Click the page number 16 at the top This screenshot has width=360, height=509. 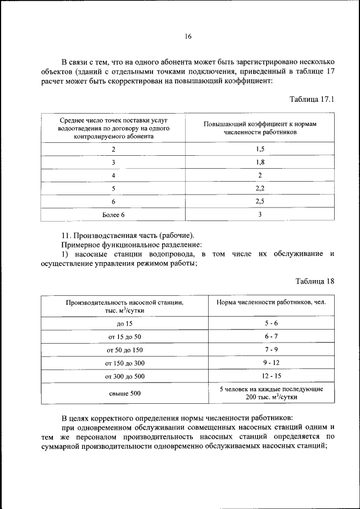(188, 37)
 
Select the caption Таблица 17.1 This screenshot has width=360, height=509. (312, 100)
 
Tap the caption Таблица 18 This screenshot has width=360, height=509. (315, 281)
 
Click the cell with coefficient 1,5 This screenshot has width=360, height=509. (260, 148)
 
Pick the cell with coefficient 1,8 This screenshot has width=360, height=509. (260, 162)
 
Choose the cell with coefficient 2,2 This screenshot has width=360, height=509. (260, 188)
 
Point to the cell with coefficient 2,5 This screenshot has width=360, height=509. (260, 201)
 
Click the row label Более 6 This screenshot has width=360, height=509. (113, 214)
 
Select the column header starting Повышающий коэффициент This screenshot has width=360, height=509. (260, 128)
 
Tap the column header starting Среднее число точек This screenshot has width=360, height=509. (113, 128)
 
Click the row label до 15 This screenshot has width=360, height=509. (124, 323)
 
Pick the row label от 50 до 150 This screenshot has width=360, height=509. (124, 350)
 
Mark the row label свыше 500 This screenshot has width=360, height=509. (124, 393)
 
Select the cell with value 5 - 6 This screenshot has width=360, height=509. (271, 323)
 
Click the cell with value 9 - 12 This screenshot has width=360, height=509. (271, 363)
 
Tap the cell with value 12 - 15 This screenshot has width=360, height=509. (271, 376)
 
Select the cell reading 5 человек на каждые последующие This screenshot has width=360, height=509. (271, 389)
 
